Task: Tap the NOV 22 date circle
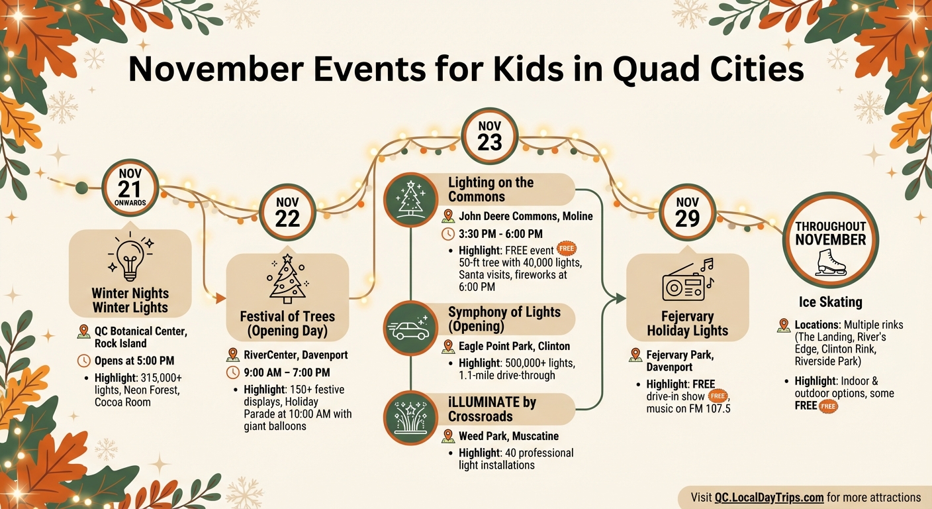tap(287, 212)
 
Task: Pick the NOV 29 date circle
tap(688, 212)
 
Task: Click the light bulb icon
tap(130, 259)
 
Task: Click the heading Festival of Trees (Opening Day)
tap(287, 324)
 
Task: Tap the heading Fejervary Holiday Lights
tap(687, 323)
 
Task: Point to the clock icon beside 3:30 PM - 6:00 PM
tap(448, 234)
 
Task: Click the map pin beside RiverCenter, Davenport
tap(232, 355)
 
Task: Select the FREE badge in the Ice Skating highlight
tap(828, 406)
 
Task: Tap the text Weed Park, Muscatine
tap(508, 436)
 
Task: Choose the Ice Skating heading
tap(830, 302)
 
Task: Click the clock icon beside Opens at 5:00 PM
tap(84, 361)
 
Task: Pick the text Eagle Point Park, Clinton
tap(514, 346)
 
